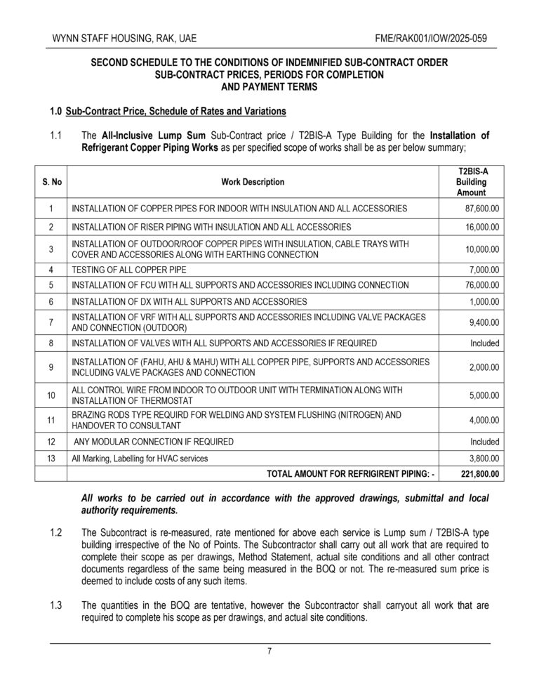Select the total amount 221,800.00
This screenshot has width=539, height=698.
click(480, 475)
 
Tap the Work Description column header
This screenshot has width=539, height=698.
click(253, 182)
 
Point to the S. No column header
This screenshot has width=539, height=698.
click(51, 182)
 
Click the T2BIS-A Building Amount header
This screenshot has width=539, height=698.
click(471, 182)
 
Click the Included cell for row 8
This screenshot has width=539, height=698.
click(485, 343)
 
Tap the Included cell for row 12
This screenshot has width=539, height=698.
click(485, 442)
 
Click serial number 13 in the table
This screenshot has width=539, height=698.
click(51, 459)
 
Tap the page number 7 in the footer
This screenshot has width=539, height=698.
click(269, 651)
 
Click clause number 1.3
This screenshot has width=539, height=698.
click(58, 605)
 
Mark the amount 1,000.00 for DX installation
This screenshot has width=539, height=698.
click(484, 301)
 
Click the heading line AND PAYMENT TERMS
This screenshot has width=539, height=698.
click(269, 87)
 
